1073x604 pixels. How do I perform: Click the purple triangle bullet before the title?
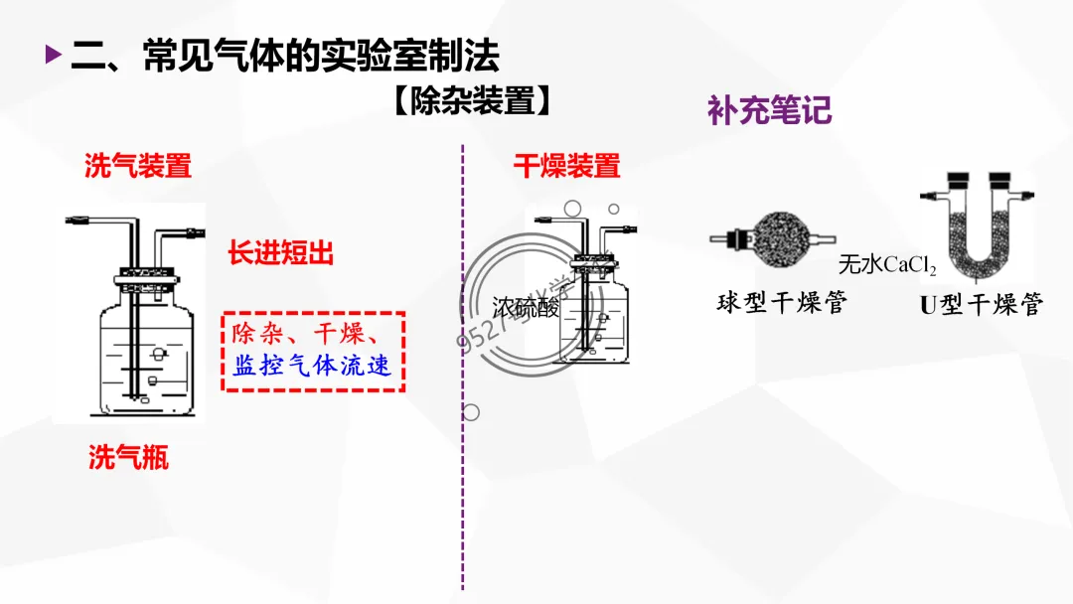coord(53,55)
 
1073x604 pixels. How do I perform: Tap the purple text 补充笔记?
coord(769,110)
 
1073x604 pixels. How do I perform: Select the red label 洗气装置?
coord(137,166)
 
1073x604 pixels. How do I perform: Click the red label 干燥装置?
coord(566,166)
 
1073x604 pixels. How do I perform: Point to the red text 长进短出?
coord(280,253)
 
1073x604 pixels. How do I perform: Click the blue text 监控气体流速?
coord(312,367)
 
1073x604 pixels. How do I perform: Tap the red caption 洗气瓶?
coord(128,457)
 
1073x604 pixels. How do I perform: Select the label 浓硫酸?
coord(526,308)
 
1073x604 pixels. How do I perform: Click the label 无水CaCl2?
coord(887,264)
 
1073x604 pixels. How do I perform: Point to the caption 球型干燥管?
coord(781,303)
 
